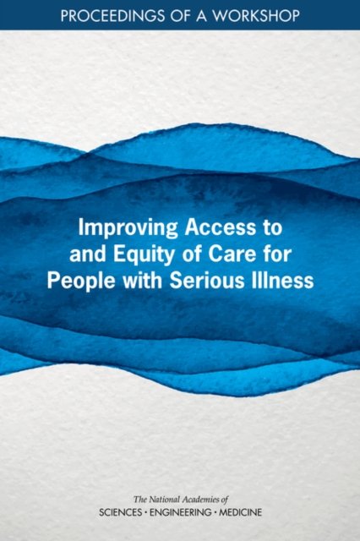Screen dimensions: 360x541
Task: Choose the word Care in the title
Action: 228,254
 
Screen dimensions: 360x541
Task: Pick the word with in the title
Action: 141,281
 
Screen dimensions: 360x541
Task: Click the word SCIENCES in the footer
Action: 120,512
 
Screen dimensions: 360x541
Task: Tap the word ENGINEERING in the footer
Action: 182,512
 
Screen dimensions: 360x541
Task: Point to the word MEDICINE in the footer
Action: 241,512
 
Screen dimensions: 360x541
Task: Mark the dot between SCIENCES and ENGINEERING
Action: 146,512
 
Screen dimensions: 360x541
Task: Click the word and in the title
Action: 86,254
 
